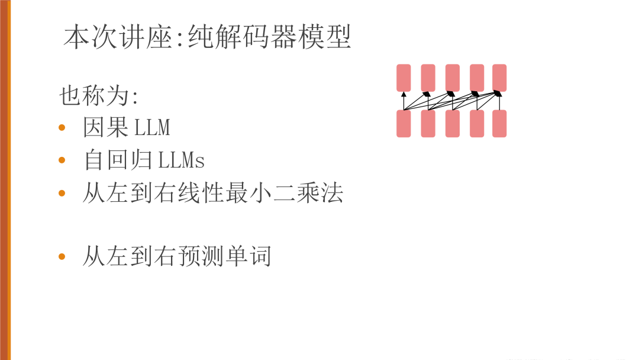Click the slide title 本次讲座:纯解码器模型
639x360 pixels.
point(208,37)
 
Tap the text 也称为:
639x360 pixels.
point(99,95)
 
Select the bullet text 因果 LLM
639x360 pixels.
point(127,127)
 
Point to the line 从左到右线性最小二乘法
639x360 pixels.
point(212,194)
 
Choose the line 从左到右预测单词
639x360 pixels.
point(176,256)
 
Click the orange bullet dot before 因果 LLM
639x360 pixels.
point(62,128)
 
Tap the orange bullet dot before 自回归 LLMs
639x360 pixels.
point(62,161)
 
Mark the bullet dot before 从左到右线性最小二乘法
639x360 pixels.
point(62,194)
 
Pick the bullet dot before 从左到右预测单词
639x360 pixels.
point(62,256)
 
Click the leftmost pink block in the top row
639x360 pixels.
point(404,78)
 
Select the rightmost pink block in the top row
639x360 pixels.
point(499,78)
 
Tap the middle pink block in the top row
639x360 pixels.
point(452,78)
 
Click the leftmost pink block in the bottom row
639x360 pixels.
point(404,123)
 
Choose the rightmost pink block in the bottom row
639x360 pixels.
point(499,123)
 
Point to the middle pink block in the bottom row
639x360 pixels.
point(452,123)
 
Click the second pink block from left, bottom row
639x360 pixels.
point(428,123)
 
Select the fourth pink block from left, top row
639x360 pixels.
point(477,78)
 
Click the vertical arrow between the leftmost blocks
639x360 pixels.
point(404,101)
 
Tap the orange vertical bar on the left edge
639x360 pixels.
point(5,180)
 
